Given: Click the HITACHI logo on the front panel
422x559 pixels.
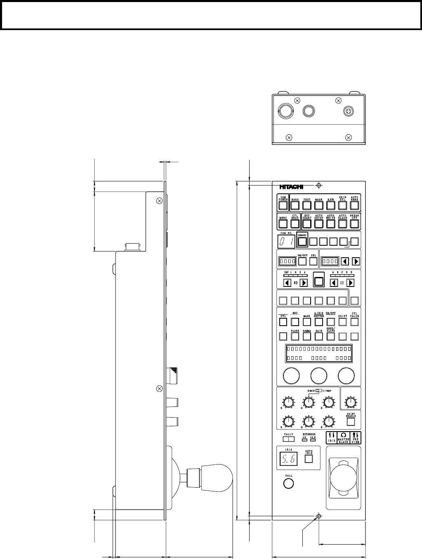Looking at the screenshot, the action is click(x=291, y=186).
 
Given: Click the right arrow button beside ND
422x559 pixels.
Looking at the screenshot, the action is click(x=304, y=283).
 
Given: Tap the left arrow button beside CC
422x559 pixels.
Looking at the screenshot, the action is click(x=335, y=283).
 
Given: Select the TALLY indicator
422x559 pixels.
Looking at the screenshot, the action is click(x=288, y=439).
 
